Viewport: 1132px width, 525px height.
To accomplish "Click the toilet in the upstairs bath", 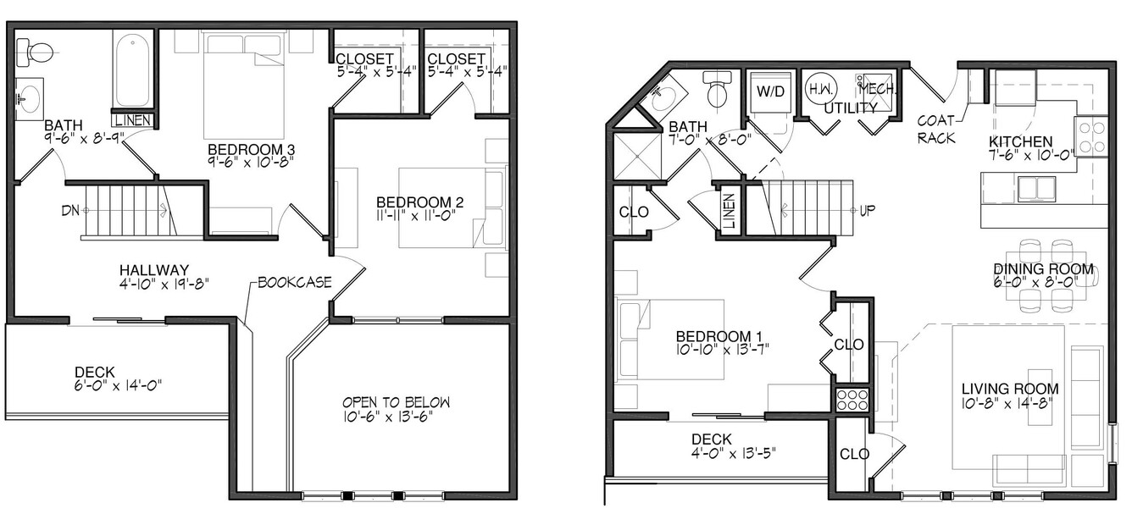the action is [x=35, y=52].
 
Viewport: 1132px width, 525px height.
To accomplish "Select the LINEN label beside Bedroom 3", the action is [x=133, y=120].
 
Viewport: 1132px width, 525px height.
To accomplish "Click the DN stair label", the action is [x=71, y=210].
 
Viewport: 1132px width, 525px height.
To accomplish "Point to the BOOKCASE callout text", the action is [x=295, y=282].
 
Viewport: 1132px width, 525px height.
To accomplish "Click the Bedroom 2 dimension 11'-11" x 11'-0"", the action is [x=416, y=216].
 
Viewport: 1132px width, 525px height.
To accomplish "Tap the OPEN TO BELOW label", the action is [x=396, y=402].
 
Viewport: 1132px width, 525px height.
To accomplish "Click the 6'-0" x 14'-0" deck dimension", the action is [x=117, y=385].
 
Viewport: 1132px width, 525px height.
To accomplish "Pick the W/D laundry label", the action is [x=771, y=91].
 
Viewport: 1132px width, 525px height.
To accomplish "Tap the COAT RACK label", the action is [x=936, y=130].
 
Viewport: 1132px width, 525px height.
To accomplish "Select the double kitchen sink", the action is [x=1036, y=189].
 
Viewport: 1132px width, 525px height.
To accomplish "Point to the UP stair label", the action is [x=867, y=211].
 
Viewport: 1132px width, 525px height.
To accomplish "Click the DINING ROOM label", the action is [x=1044, y=269].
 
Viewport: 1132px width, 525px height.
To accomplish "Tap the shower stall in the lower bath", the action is [x=637, y=156].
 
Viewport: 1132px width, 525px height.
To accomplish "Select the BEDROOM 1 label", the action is [x=719, y=336].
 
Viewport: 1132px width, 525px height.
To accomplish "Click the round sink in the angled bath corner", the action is [x=663, y=100].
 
